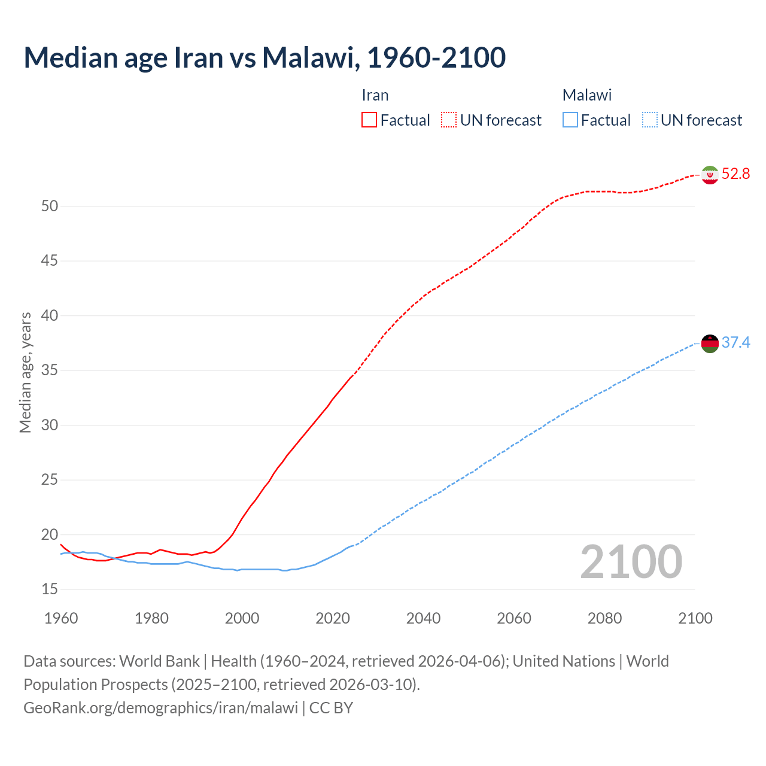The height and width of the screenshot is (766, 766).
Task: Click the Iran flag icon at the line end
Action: coord(710,175)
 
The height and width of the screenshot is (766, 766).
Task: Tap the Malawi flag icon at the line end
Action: coord(710,344)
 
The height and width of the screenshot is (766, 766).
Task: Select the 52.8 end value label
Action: coord(735,174)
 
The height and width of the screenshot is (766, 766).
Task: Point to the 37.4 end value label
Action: coord(735,343)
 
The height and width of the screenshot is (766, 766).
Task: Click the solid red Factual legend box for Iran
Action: coord(369,120)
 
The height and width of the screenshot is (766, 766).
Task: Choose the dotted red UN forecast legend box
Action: coord(449,120)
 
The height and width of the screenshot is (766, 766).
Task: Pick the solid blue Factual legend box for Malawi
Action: coord(570,120)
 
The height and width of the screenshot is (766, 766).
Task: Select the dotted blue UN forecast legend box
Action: coord(649,120)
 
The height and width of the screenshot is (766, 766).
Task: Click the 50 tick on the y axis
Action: coord(50,206)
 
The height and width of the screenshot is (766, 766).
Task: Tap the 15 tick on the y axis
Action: coord(50,589)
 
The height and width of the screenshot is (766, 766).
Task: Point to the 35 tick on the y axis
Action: coord(50,370)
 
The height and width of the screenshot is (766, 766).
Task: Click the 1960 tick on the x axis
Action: coord(61,618)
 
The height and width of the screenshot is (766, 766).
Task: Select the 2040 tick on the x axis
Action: coord(423,618)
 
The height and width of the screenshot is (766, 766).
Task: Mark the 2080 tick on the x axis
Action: coord(604,618)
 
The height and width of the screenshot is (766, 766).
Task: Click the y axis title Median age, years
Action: coord(25,372)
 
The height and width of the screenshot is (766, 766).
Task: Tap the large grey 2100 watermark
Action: coord(631,562)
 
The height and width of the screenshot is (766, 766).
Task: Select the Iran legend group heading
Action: coord(375,96)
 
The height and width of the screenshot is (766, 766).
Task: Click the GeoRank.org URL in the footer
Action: coord(160,708)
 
